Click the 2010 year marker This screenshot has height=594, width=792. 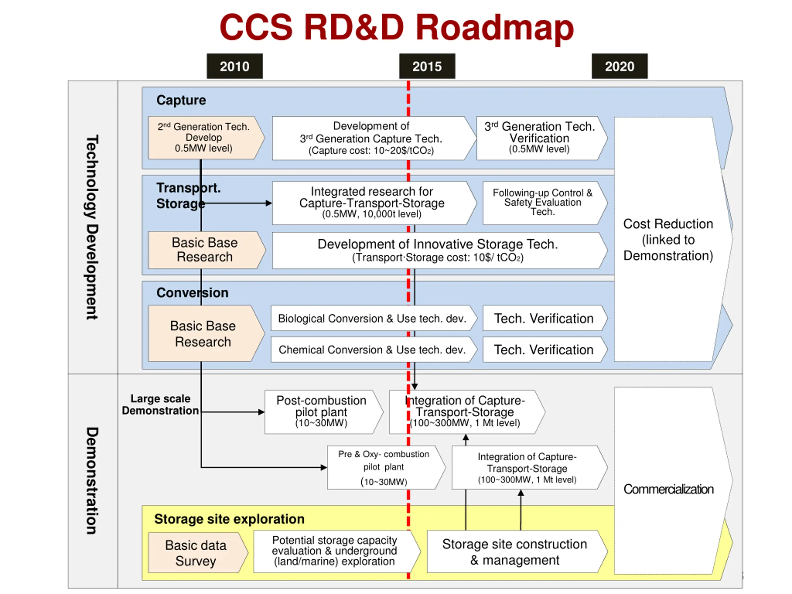(x=235, y=66)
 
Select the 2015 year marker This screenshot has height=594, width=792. (x=427, y=66)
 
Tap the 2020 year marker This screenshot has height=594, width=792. (x=619, y=66)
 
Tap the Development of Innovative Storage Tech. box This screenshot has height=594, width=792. (x=440, y=250)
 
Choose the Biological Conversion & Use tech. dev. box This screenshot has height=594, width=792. (x=374, y=318)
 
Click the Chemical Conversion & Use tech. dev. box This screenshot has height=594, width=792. (x=374, y=350)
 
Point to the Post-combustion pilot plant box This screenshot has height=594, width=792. (x=324, y=412)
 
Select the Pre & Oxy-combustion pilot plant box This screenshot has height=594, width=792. (x=386, y=467)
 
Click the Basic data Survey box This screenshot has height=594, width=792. (x=198, y=553)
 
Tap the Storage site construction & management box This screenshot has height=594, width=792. (x=517, y=551)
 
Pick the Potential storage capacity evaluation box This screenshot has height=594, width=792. (x=337, y=551)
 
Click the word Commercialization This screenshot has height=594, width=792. (x=668, y=489)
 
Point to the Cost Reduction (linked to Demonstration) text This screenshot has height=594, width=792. (x=668, y=239)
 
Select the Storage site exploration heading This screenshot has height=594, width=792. (x=229, y=519)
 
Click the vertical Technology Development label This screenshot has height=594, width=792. (x=92, y=227)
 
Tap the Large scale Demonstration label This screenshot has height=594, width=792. (x=160, y=404)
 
